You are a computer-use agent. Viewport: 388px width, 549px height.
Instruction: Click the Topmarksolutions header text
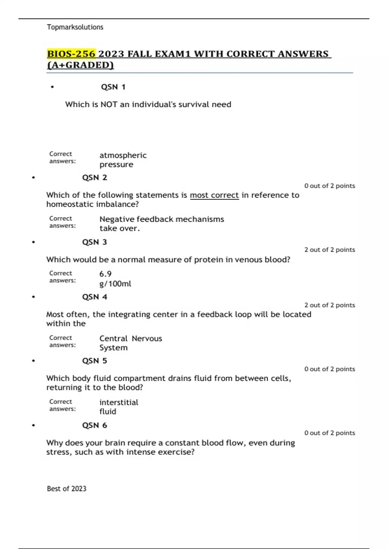click(75, 27)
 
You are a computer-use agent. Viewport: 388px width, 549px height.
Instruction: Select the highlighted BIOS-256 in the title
click(71, 54)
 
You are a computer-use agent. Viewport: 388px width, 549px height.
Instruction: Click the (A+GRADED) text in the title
click(81, 65)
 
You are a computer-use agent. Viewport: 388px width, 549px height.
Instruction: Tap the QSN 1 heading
click(113, 87)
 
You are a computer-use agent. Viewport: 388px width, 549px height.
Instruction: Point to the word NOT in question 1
click(109, 104)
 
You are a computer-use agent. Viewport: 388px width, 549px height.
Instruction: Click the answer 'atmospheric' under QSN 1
click(123, 155)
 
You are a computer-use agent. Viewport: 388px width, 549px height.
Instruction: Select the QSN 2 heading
click(94, 178)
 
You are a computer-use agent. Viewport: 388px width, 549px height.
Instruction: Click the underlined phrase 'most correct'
click(214, 195)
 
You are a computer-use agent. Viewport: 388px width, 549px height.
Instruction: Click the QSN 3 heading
click(94, 242)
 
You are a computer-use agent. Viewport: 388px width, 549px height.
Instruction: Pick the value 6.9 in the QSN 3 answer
click(105, 274)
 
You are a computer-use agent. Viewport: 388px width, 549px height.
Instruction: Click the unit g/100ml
click(115, 284)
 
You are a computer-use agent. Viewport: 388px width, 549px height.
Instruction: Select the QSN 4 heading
click(94, 297)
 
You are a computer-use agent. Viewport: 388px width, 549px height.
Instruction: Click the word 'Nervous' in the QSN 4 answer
click(147, 338)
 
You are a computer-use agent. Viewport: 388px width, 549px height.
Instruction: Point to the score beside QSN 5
click(329, 369)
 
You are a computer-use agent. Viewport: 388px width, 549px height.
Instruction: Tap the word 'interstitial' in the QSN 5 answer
click(119, 402)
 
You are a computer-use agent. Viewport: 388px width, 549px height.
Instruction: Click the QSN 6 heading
click(94, 425)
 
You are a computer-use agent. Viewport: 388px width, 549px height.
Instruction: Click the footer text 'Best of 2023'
click(67, 489)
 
